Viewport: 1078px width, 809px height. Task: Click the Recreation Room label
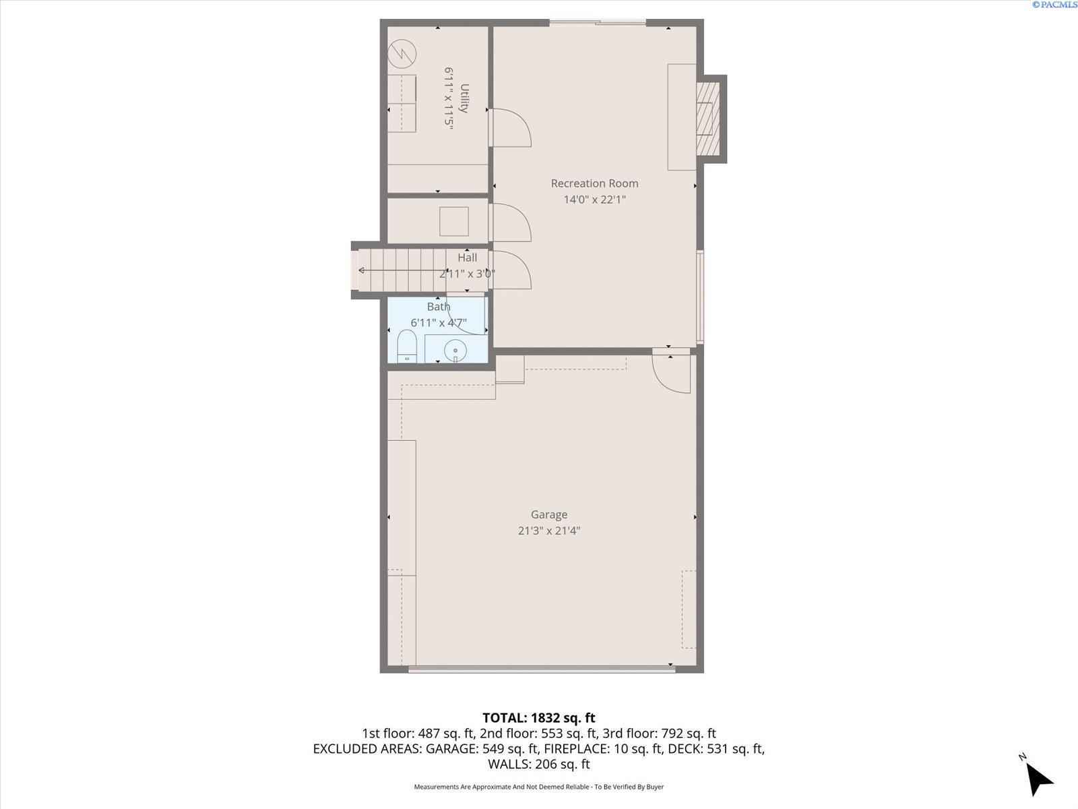(x=594, y=183)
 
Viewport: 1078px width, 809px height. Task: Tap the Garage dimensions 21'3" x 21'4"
(x=549, y=531)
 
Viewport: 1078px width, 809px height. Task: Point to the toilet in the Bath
(x=407, y=346)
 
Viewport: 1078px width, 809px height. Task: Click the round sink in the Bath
(x=455, y=350)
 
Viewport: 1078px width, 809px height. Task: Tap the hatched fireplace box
(x=707, y=119)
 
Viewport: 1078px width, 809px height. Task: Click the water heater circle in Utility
(x=402, y=53)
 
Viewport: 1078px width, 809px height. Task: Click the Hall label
(x=467, y=258)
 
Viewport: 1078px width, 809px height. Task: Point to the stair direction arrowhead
(x=361, y=270)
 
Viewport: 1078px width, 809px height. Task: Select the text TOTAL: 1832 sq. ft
(x=539, y=717)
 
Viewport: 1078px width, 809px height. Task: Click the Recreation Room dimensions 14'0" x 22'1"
(x=594, y=200)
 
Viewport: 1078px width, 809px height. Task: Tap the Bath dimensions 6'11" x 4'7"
(x=439, y=323)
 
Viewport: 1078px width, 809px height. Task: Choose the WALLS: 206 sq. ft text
(x=539, y=764)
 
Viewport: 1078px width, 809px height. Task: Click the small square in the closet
(x=454, y=222)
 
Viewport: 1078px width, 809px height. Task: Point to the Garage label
(x=549, y=515)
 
